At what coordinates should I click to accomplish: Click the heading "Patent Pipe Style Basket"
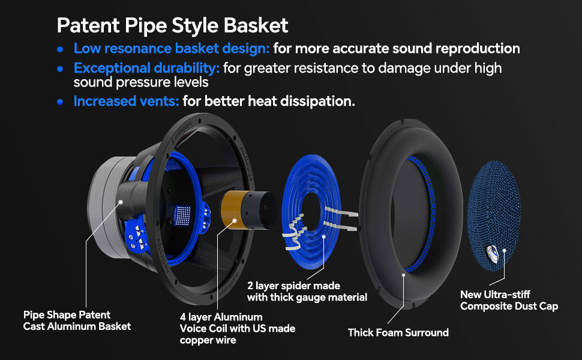[x=173, y=26]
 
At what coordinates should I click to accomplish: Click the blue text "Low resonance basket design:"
[x=172, y=49]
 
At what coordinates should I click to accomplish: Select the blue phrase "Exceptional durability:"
[x=146, y=68]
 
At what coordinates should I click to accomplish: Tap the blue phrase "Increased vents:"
[x=126, y=101]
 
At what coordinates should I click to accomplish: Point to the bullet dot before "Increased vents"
[x=60, y=101]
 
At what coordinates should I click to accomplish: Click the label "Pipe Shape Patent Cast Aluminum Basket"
[x=77, y=320]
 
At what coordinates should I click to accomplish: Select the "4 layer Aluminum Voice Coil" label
[x=238, y=328]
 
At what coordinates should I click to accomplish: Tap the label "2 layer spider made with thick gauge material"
[x=307, y=292]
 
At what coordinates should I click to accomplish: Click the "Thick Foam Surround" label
[x=398, y=332]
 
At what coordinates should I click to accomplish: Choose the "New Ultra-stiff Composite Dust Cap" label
[x=509, y=300]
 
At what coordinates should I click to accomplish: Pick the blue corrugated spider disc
[x=311, y=212]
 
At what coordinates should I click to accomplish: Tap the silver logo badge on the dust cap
[x=492, y=254]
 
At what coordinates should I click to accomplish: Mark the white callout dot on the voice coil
[x=235, y=220]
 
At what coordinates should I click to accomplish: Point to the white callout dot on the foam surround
[x=403, y=275]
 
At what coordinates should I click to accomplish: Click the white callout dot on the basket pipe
[x=121, y=202]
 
